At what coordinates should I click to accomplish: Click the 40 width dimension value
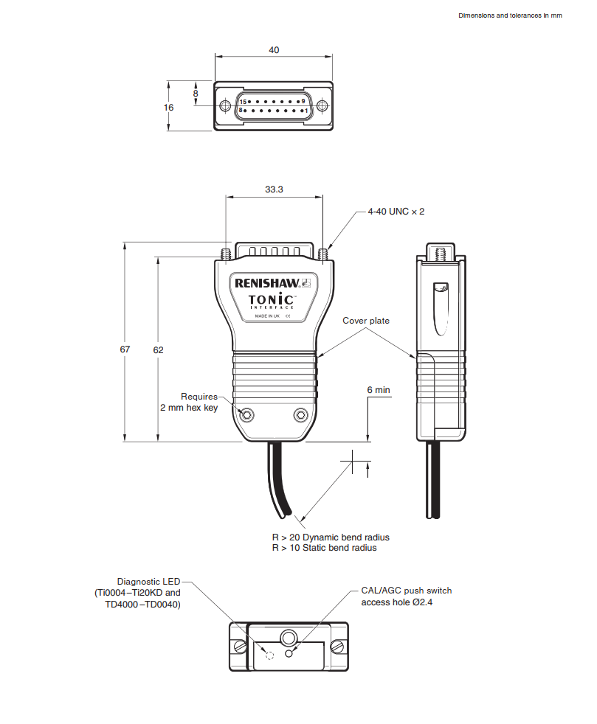274,50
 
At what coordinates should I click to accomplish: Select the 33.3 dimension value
274,189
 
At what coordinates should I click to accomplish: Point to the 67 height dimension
125,349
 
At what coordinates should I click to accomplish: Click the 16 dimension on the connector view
168,108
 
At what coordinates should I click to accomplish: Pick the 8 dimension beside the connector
196,94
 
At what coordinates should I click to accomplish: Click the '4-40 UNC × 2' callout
396,212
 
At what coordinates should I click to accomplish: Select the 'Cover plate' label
366,321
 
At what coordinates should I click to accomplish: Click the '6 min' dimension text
378,390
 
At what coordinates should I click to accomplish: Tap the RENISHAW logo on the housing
266,282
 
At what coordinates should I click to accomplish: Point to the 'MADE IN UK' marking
267,316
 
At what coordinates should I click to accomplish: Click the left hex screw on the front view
247,414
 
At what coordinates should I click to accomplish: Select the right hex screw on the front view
300,414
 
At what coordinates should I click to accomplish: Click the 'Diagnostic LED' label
148,581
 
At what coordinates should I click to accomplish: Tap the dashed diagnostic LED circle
269,655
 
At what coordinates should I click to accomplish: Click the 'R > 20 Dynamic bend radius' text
331,537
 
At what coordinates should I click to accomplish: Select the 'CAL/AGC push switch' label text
406,591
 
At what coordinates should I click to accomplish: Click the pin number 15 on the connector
243,102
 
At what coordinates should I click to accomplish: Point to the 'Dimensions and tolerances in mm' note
510,15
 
